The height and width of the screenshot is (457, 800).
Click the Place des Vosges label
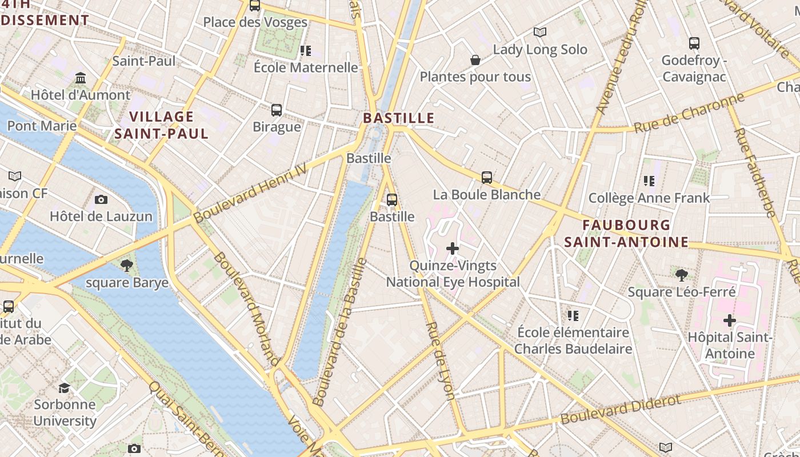tap(255, 22)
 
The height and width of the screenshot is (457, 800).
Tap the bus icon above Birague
tap(277, 110)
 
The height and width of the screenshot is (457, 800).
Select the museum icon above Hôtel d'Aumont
tap(81, 78)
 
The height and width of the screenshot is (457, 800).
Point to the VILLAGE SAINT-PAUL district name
tap(162, 125)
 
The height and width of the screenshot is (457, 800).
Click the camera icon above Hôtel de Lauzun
tap(101, 199)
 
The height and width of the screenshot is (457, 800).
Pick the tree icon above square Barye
tap(127, 265)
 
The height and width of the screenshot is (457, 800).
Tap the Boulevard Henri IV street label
tap(250, 193)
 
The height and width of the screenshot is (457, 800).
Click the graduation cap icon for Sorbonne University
tap(64, 388)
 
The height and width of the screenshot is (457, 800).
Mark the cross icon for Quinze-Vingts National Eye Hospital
tap(453, 248)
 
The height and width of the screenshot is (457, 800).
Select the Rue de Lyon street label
tap(441, 360)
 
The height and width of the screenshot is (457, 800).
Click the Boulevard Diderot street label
tap(621, 409)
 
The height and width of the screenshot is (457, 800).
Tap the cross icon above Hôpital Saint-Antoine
tap(730, 320)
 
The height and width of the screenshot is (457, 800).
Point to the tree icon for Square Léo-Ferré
tap(681, 275)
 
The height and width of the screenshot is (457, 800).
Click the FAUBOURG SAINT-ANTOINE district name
tap(626, 234)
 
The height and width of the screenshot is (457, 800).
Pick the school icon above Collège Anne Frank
tap(649, 181)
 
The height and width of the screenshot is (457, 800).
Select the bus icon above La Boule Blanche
tap(487, 178)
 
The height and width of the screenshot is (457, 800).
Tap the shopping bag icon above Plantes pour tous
tap(475, 60)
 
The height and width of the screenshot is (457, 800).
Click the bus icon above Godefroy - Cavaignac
tap(694, 43)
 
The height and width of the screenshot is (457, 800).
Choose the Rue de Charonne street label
tap(690, 113)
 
